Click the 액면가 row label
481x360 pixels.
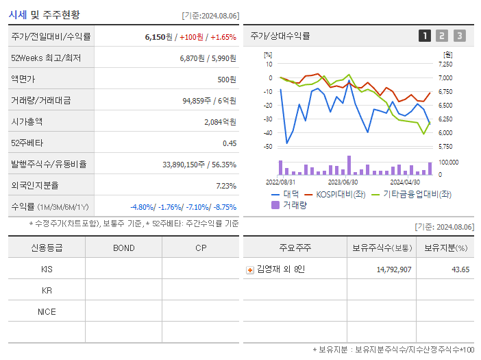click(23, 80)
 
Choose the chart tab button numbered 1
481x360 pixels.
click(425, 36)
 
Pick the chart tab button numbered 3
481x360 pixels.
click(459, 36)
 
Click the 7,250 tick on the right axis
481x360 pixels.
click(445, 64)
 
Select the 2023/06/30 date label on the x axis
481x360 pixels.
click(343, 182)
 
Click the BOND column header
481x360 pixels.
click(123, 248)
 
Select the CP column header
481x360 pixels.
click(200, 248)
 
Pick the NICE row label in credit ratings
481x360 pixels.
click(47, 311)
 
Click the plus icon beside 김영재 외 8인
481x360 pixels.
click(250, 269)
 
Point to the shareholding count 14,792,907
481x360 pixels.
click(393, 269)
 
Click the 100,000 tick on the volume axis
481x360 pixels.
click(449, 163)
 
